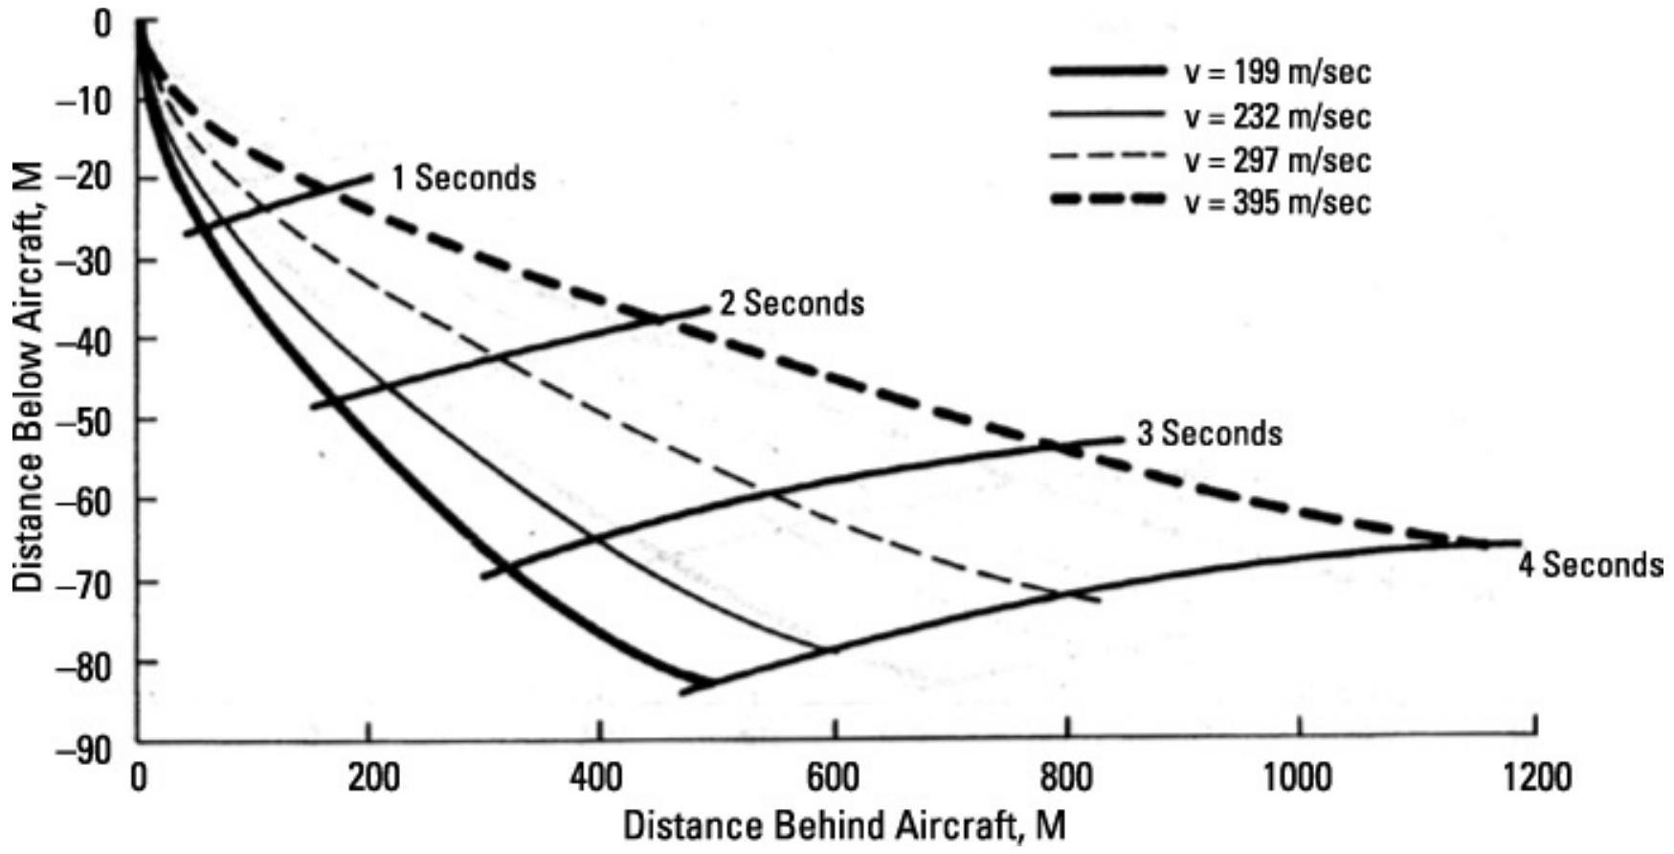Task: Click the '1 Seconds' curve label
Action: [x=463, y=178]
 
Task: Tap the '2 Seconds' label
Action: [x=792, y=303]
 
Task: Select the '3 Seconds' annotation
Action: [x=1209, y=434]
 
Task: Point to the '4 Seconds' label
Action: [x=1590, y=564]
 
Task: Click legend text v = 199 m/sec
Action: [x=1277, y=73]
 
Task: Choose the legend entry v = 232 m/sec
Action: [x=1277, y=117]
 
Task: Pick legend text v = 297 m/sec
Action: [x=1277, y=160]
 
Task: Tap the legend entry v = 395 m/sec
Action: [x=1277, y=203]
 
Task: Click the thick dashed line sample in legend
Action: [x=1107, y=200]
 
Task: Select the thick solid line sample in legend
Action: [x=1107, y=71]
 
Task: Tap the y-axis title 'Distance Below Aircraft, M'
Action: [x=28, y=374]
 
